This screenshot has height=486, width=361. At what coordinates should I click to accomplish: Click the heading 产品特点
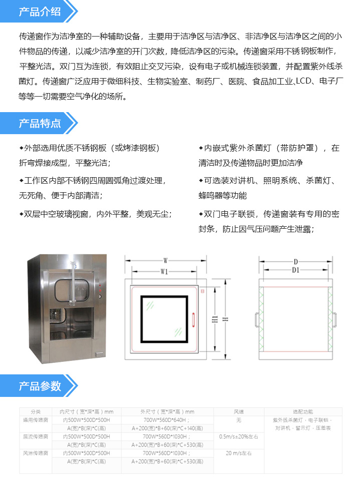(x=40, y=123)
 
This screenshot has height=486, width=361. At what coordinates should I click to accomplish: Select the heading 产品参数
(x=40, y=386)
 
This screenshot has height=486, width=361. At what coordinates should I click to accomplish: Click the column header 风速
(x=239, y=411)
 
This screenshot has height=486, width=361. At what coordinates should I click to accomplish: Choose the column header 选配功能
(x=303, y=411)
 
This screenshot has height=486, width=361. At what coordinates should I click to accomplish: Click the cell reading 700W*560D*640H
(x=167, y=420)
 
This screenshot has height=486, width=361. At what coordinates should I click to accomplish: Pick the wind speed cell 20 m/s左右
(x=239, y=453)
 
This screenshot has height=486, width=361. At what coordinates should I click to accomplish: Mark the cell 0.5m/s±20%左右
(x=239, y=436)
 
